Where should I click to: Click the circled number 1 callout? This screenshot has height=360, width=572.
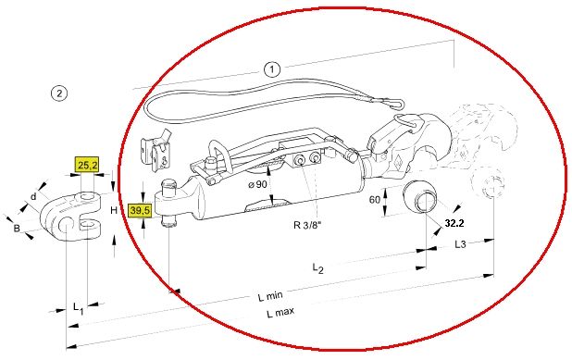(x=272, y=68)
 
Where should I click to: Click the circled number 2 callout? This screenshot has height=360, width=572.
(x=59, y=93)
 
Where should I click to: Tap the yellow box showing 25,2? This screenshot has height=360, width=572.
(x=87, y=165)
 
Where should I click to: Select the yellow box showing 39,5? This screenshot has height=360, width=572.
(x=140, y=211)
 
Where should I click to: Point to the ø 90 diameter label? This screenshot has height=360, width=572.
(x=257, y=184)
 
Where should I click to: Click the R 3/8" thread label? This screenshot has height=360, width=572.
(x=306, y=225)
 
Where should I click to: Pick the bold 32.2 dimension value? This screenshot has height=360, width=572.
(x=454, y=223)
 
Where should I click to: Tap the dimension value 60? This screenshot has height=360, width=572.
(x=375, y=200)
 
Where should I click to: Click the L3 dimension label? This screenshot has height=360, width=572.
(x=460, y=244)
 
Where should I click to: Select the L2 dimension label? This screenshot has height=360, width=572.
(x=317, y=268)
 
